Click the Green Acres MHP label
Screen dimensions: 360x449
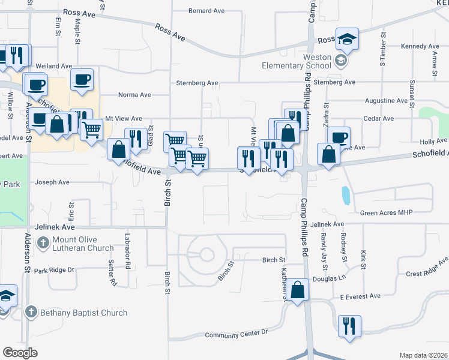(x=388, y=212)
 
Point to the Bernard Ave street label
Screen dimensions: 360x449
(x=206, y=11)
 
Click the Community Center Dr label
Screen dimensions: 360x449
(x=236, y=332)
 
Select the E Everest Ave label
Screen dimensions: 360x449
(x=360, y=296)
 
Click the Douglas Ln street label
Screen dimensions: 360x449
(x=334, y=278)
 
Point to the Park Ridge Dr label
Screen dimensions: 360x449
(x=53, y=271)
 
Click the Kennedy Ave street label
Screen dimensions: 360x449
(x=420, y=46)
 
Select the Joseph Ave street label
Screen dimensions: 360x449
(x=52, y=182)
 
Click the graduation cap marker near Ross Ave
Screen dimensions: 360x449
(x=347, y=39)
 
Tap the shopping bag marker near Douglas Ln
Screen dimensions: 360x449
(x=298, y=290)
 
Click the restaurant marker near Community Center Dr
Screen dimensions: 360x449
(x=349, y=326)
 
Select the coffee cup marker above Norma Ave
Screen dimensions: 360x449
(x=82, y=79)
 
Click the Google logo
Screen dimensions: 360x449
(x=20, y=353)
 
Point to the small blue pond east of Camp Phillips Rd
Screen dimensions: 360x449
(x=345, y=195)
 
